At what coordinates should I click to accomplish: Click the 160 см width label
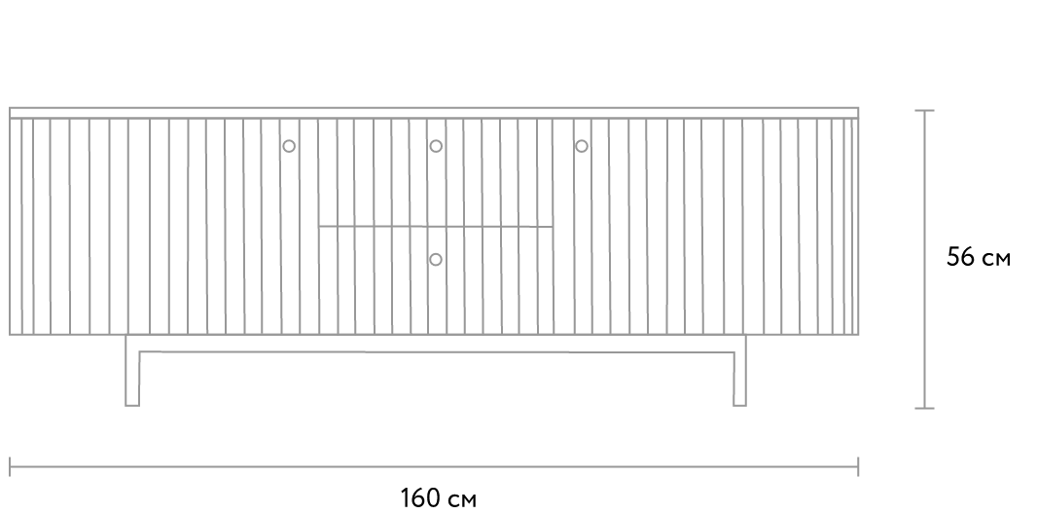pos(438,497)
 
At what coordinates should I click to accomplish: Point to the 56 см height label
pos(978,257)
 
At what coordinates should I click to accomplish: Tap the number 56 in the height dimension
pos(960,257)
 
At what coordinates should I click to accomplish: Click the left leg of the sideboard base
pos(132,371)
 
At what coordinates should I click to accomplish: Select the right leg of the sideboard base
pos(739,371)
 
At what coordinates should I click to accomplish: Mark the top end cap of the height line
pos(924,110)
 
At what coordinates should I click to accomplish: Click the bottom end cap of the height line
pos(924,408)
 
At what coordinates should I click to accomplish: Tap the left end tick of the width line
pos(10,466)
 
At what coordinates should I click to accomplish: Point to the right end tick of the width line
pos(858,466)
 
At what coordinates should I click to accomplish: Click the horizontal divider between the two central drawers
pos(435,227)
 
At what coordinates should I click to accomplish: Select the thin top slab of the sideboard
pos(434,113)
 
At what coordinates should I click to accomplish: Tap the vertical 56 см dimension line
pos(924,259)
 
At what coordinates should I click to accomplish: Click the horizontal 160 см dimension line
pos(434,466)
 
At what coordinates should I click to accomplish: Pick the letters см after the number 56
pos(995,259)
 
